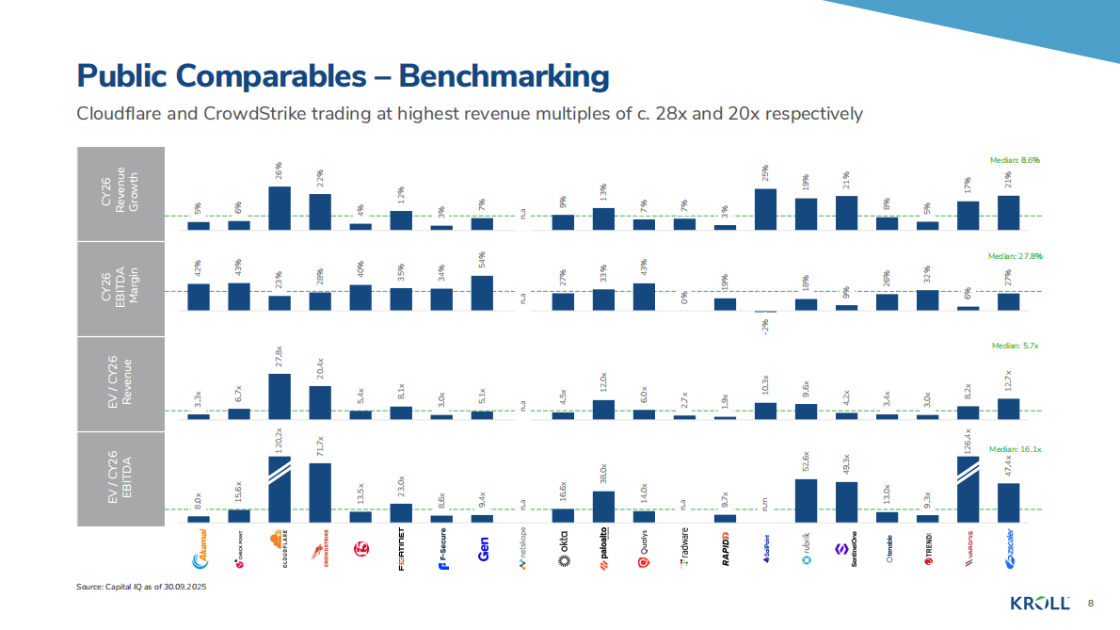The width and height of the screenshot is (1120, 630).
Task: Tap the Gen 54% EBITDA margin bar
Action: coord(482,292)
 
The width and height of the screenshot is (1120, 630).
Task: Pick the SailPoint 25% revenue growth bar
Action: coord(765,209)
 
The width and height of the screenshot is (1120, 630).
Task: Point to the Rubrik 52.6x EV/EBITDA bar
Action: coord(806,500)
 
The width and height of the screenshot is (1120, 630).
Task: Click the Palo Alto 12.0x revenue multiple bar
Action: coord(603,409)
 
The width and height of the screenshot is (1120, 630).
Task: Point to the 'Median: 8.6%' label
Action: coord(1014,160)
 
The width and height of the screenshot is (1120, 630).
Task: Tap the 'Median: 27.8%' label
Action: coord(1015,255)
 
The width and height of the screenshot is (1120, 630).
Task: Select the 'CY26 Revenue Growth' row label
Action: coord(120,193)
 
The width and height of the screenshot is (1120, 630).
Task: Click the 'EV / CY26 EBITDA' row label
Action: coord(120,477)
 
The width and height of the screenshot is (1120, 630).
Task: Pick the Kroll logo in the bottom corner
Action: coord(1040,603)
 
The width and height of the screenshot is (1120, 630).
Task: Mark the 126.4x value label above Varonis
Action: coord(968,439)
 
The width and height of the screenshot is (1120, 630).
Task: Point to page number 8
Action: coord(1091,603)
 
